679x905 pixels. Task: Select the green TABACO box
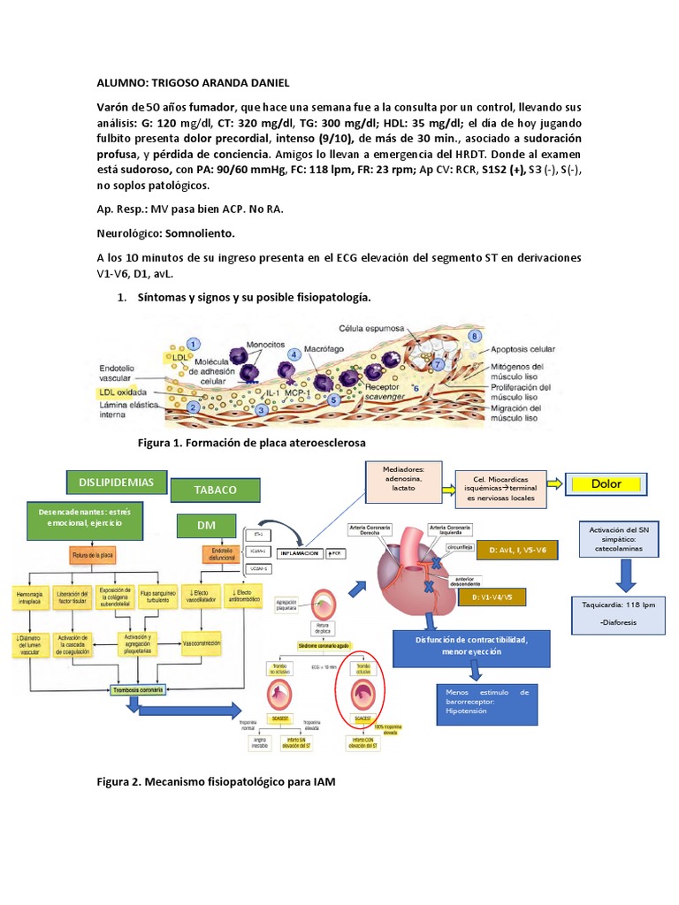(x=216, y=490)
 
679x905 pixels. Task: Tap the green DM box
(x=206, y=525)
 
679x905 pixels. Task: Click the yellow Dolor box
(x=607, y=483)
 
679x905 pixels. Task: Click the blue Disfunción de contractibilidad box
(x=458, y=645)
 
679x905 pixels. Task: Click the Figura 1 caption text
(x=252, y=441)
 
